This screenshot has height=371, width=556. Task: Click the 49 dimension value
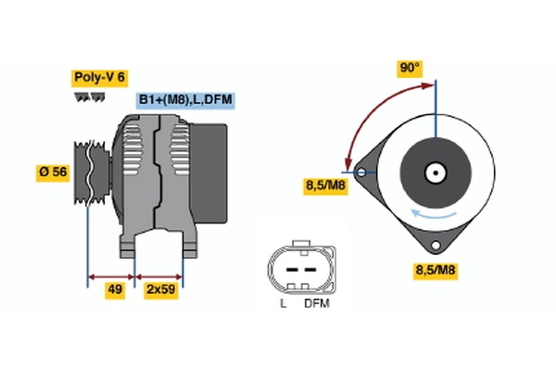click(x=115, y=290)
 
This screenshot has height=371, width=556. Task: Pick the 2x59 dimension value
click(x=161, y=290)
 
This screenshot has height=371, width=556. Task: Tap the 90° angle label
click(x=410, y=68)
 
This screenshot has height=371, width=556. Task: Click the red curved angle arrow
click(x=366, y=108)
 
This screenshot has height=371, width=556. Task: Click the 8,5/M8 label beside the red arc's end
click(x=325, y=185)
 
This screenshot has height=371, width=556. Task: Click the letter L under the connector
click(x=284, y=302)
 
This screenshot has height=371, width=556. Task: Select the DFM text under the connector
click(x=315, y=302)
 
